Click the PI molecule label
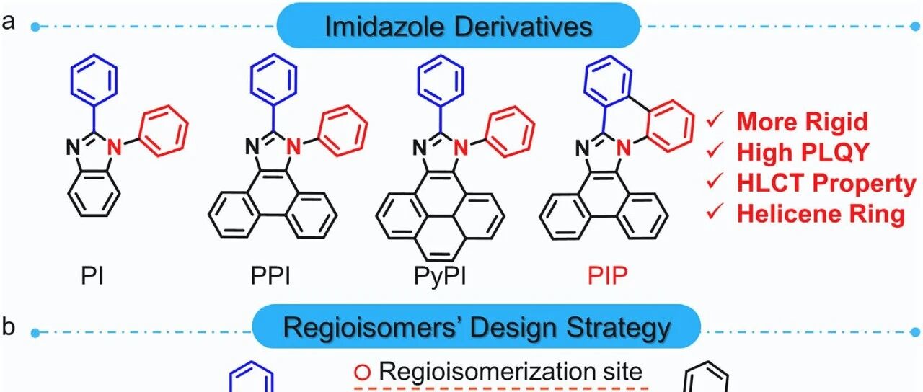(x=92, y=276)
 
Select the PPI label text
(x=270, y=276)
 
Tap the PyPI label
(x=440, y=277)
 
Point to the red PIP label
(x=607, y=276)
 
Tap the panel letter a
(x=8, y=22)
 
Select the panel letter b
(x=8, y=326)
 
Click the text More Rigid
(x=803, y=122)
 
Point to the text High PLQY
(x=803, y=152)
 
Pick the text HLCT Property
(x=826, y=184)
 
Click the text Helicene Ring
(x=821, y=214)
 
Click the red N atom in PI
(x=115, y=148)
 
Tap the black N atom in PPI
(x=252, y=147)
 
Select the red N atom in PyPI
(x=462, y=148)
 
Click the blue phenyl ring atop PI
(x=94, y=79)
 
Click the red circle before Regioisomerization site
(x=363, y=373)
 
